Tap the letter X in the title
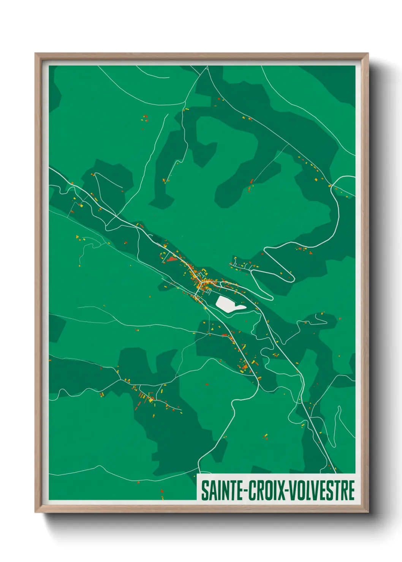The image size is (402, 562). [281, 490]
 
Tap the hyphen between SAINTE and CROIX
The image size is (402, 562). [246, 491]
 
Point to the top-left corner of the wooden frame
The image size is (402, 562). [35, 54]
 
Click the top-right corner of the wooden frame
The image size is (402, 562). [368, 54]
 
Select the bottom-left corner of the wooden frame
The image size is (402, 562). [35, 512]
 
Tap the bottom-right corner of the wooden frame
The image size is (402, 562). [368, 512]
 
